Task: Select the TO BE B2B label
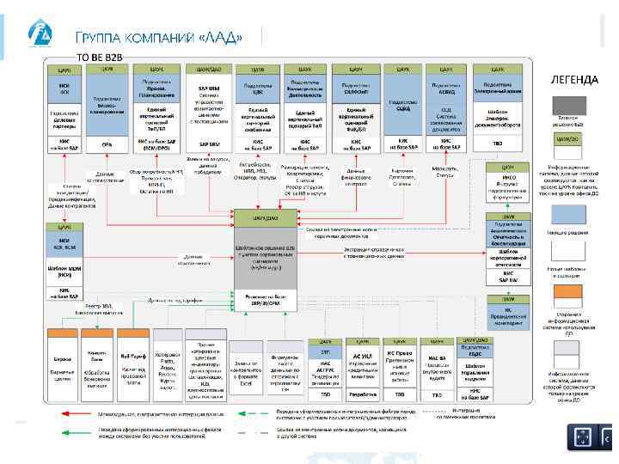tap(101, 56)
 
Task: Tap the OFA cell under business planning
tap(107, 143)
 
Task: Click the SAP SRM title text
tap(208, 88)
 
